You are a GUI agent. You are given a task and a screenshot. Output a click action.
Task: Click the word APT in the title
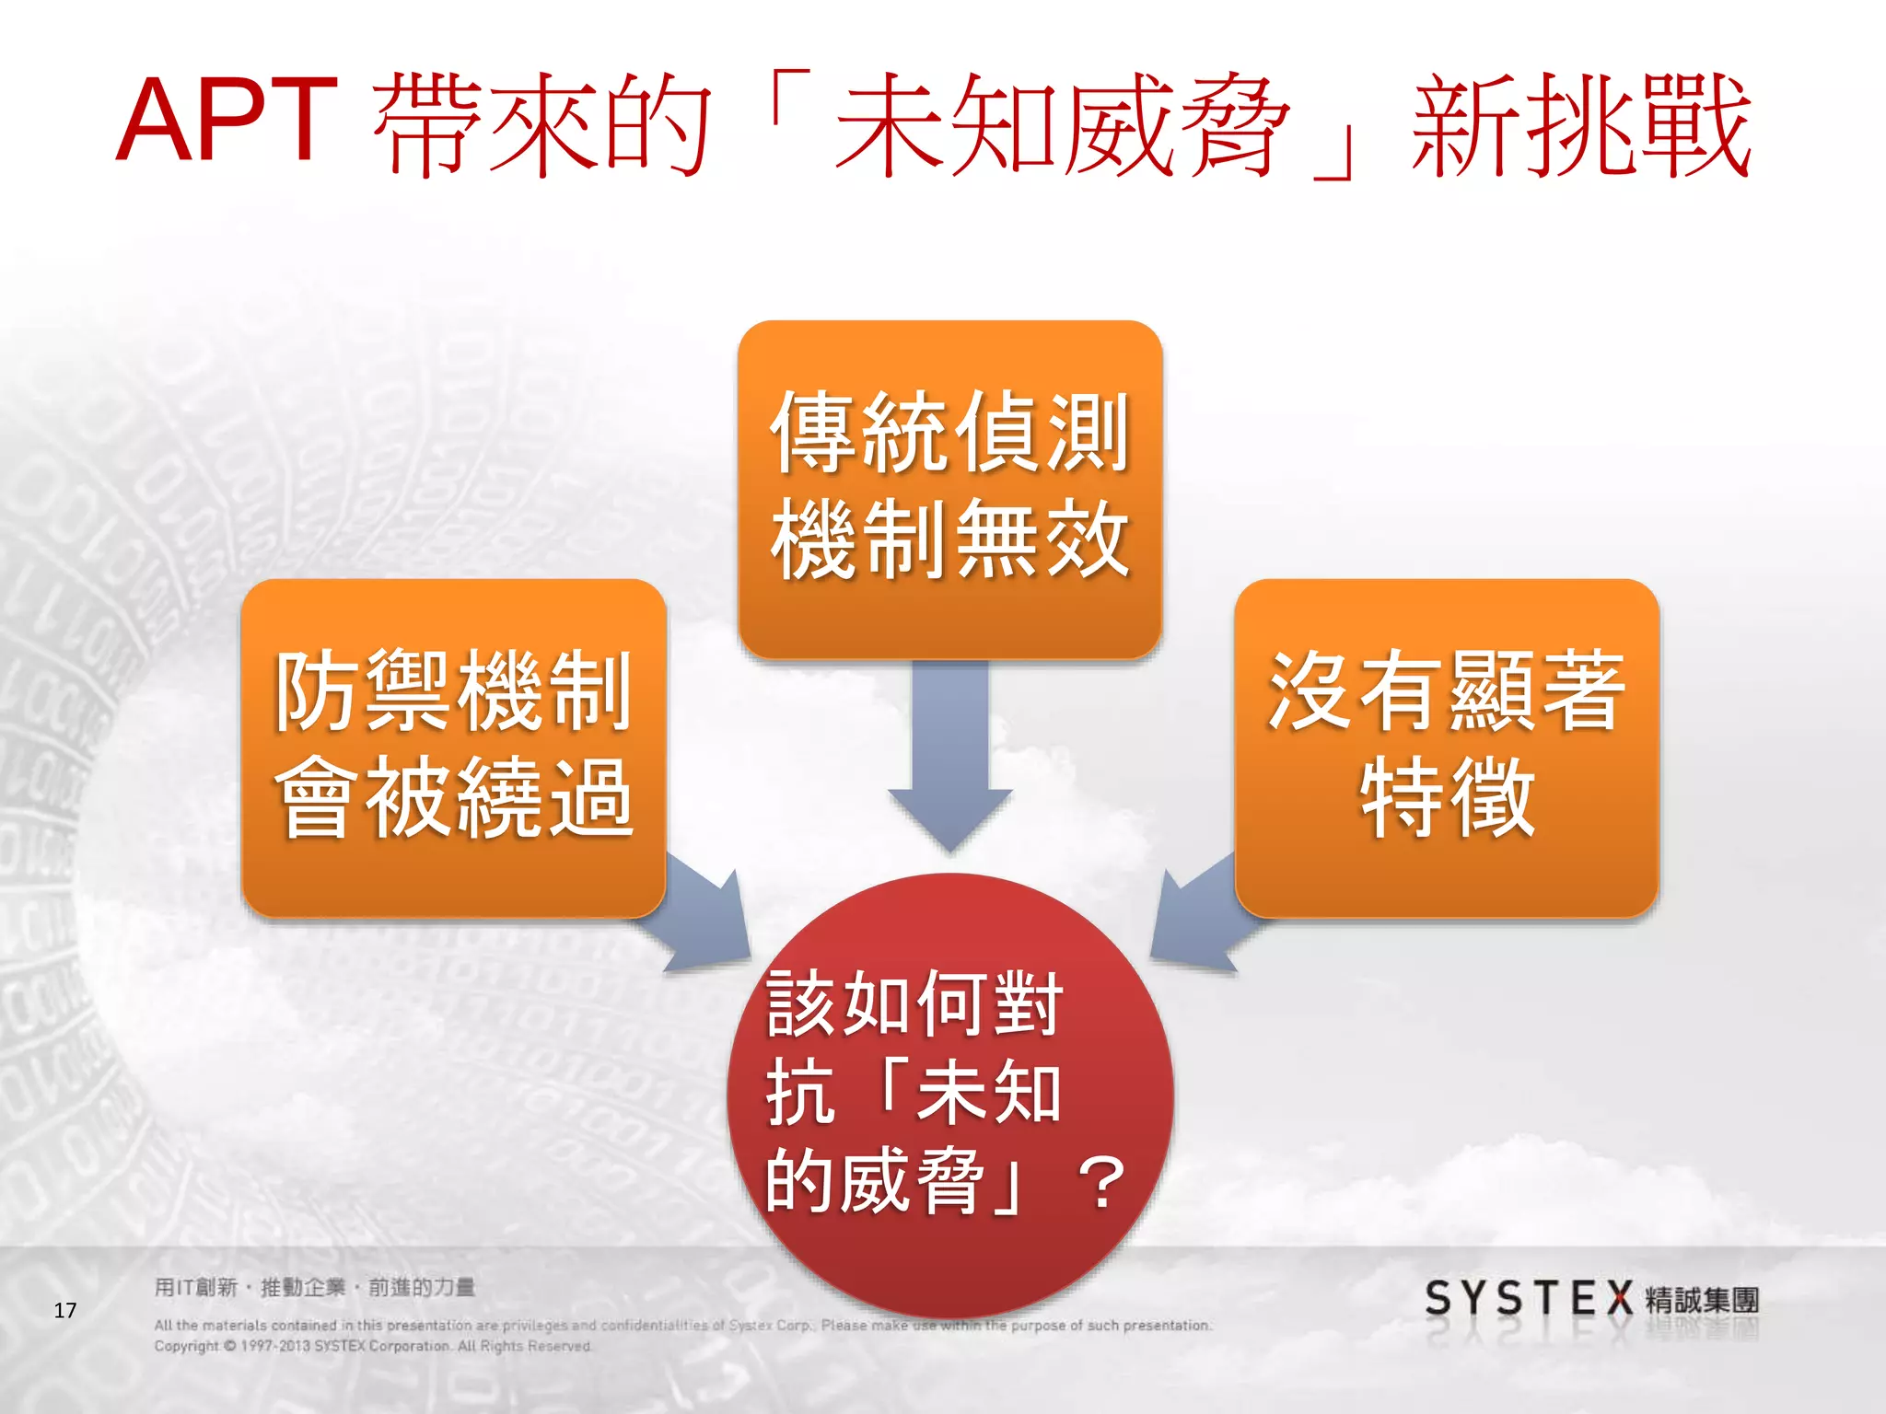[x=227, y=121]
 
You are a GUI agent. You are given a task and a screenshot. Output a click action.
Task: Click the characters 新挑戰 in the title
[x=1580, y=126]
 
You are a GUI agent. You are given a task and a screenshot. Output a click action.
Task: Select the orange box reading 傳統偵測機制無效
[x=949, y=488]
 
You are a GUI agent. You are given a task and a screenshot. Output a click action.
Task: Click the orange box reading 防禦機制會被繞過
[x=453, y=747]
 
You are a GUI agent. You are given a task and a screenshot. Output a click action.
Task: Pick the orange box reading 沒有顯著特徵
[x=1446, y=747]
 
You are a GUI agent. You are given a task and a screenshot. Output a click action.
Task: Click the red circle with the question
[x=949, y=1095]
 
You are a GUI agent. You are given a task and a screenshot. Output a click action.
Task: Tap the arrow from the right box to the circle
[x=1197, y=916]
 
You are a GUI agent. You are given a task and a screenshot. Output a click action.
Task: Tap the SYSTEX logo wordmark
[x=1528, y=1299]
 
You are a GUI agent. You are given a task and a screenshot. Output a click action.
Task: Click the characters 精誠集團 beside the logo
[x=1702, y=1301]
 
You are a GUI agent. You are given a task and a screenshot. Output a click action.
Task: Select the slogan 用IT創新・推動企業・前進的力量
[x=314, y=1287]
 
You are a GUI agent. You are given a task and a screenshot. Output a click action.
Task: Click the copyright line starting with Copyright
[x=372, y=1346]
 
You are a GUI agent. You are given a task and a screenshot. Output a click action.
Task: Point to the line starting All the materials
[x=681, y=1326]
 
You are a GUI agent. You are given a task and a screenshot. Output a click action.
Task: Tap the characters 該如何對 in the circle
[x=914, y=1004]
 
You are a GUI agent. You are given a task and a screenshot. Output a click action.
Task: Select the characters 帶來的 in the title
[x=541, y=126]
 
